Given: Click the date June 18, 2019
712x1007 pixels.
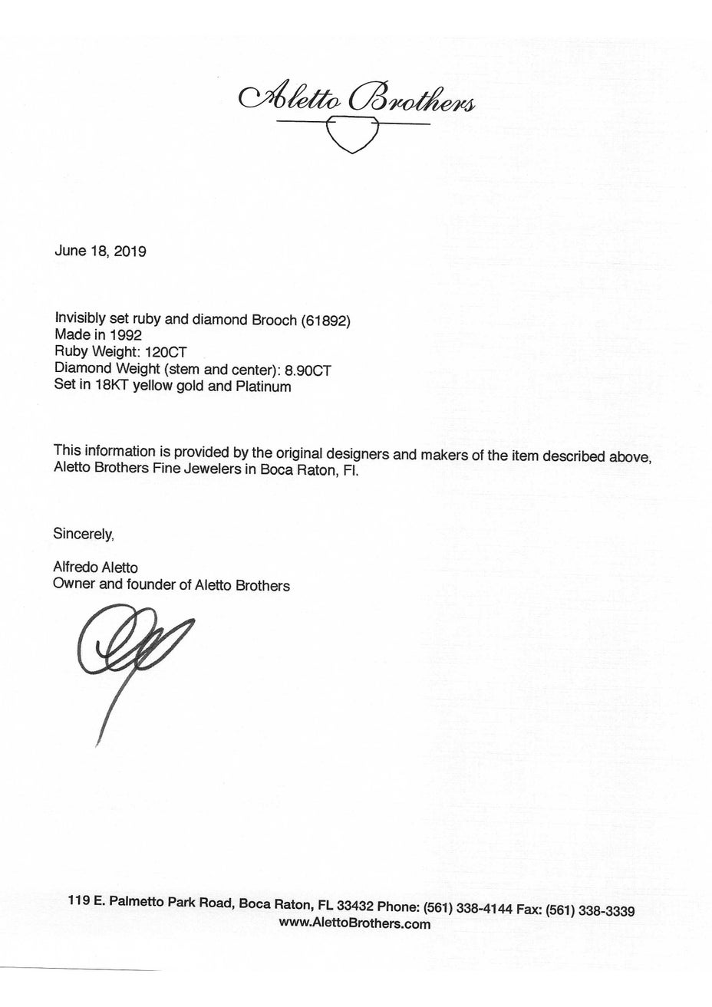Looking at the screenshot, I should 100,251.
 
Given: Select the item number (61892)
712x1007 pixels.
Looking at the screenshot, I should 325,321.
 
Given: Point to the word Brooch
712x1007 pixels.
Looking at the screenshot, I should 274,321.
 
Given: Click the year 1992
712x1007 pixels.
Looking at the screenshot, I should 126,335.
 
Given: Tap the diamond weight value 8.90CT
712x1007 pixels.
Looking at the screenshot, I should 308,370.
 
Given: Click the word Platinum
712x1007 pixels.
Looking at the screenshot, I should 263,387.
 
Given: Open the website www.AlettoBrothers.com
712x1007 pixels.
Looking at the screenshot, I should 354,924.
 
